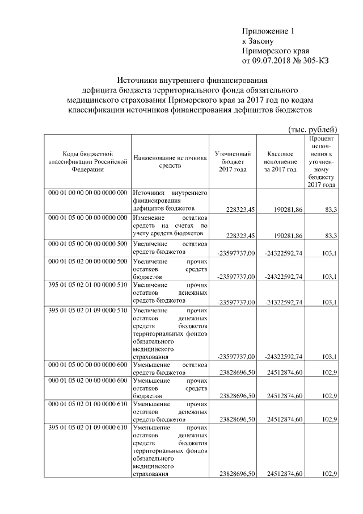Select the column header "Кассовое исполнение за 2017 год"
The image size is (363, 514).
279,161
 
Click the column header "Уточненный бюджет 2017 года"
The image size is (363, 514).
233,161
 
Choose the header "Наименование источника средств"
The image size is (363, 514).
170,161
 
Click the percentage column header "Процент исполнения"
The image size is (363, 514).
322,161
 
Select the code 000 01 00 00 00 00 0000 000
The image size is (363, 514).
88,194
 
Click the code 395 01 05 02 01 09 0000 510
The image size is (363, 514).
88,311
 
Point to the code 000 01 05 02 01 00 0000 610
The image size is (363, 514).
88,403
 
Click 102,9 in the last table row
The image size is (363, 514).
329,474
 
